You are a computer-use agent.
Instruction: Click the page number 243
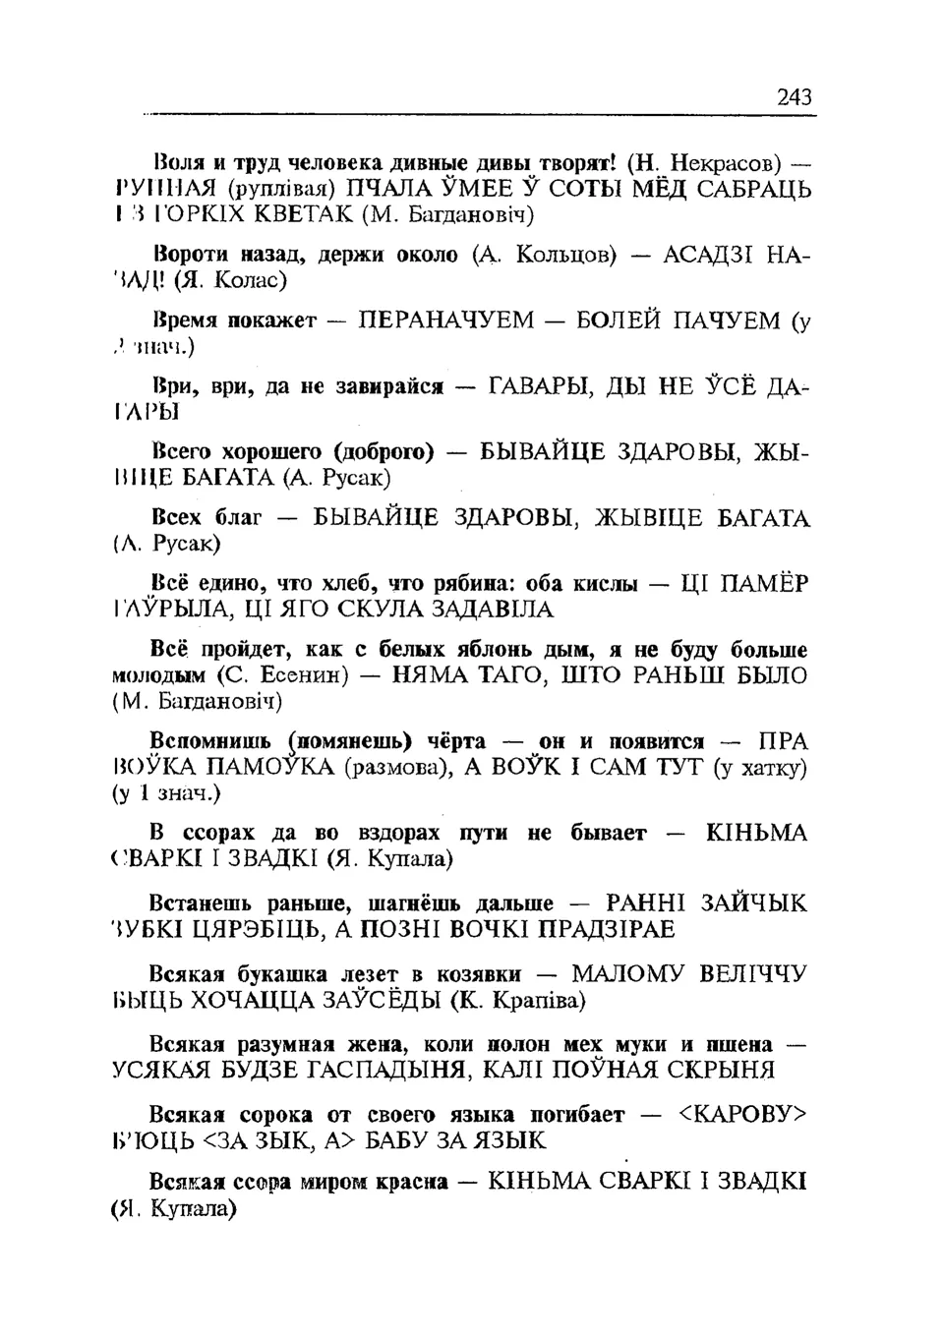794,97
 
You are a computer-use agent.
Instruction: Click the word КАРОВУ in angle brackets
742,1115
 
